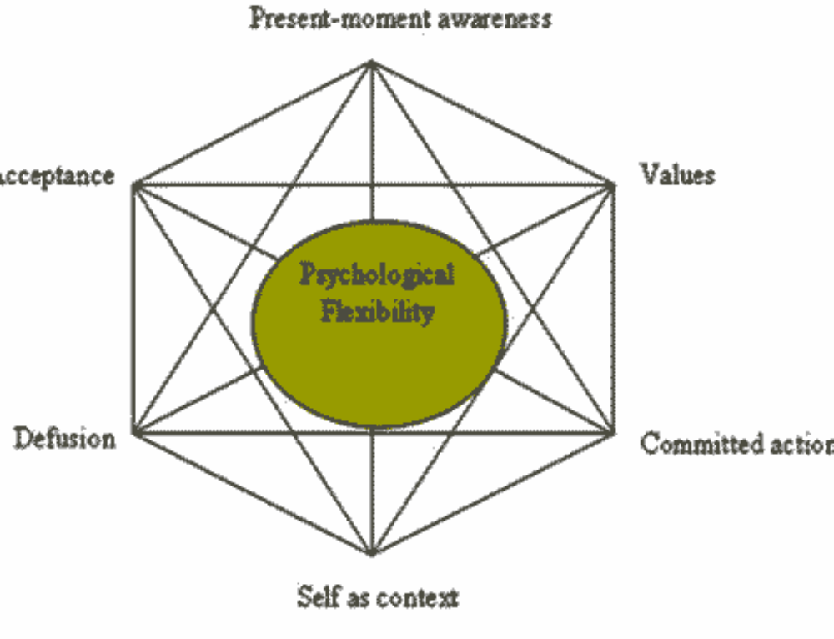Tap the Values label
[x=677, y=174]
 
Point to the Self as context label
[x=377, y=597]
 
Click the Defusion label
[x=64, y=438]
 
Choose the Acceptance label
[x=57, y=176]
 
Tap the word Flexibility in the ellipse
[x=377, y=313]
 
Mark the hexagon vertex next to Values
[x=614, y=183]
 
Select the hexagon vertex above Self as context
[x=372, y=552]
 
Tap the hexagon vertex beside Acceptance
[x=133, y=184]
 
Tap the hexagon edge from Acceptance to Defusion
[x=133, y=309]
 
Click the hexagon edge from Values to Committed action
[x=614, y=309]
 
